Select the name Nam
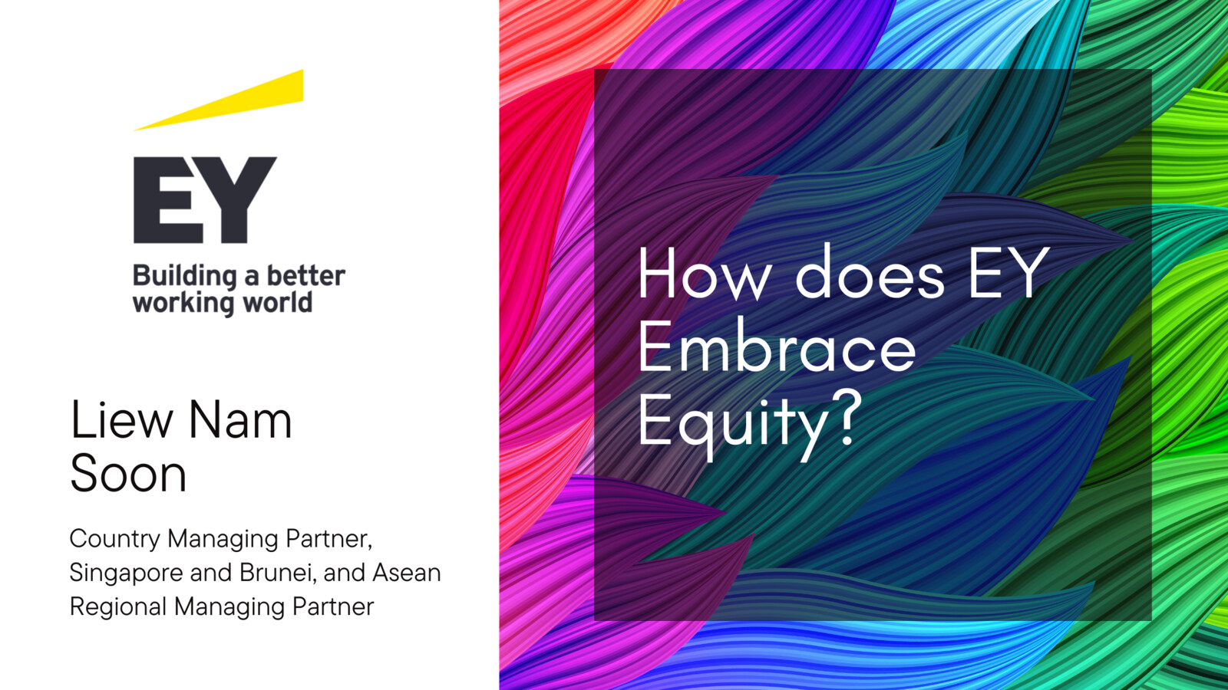[x=240, y=419]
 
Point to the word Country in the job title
[x=115, y=540]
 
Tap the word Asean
[x=407, y=573]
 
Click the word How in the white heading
[x=703, y=272]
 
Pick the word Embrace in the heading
[x=777, y=346]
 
